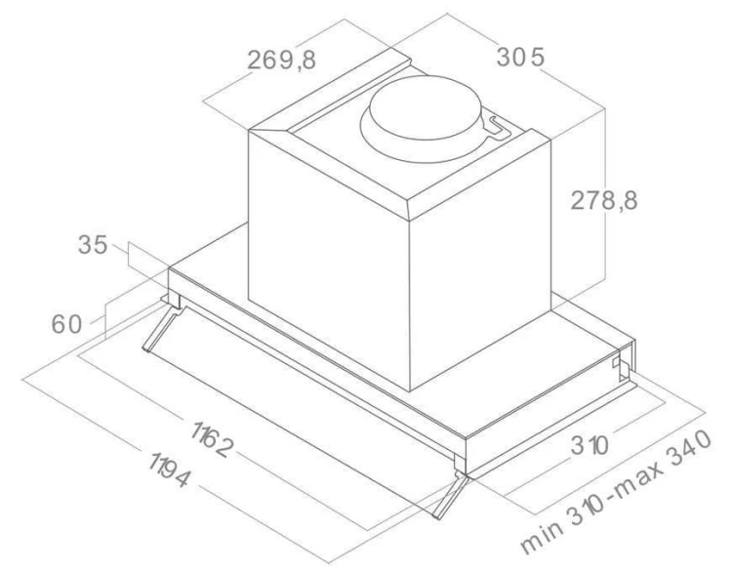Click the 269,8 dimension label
click(280, 61)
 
